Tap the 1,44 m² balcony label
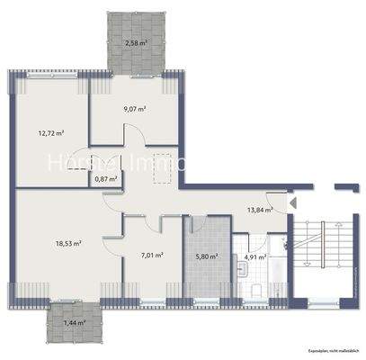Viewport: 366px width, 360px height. coord(75,321)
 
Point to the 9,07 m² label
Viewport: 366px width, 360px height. coord(135,109)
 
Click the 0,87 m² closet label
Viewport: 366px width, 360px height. coord(105,179)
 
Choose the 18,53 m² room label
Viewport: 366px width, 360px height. coord(68,242)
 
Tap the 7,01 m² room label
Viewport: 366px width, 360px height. coord(152,255)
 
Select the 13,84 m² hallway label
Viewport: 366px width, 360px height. coord(261,209)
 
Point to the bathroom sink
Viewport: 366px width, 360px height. coord(281,243)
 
